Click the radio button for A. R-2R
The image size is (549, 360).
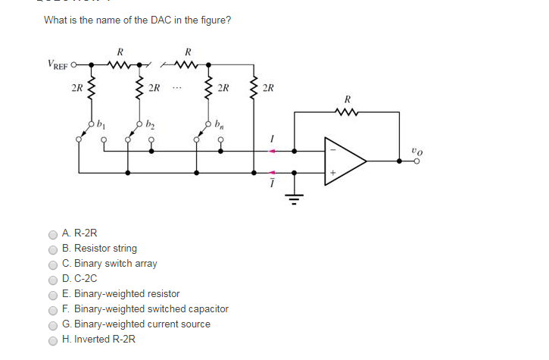pos(53,234)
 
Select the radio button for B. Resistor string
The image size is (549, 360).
pos(53,249)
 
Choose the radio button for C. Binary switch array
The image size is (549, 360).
pos(53,265)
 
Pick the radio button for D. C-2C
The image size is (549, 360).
pos(53,280)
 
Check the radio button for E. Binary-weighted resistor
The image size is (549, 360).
pos(53,295)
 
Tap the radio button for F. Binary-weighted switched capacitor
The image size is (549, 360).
pos(53,310)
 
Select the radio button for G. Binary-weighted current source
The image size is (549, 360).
pos(53,325)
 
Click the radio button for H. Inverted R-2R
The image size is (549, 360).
pos(53,340)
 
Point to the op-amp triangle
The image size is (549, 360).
pos(344,161)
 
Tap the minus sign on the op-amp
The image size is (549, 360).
pos(331,149)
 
